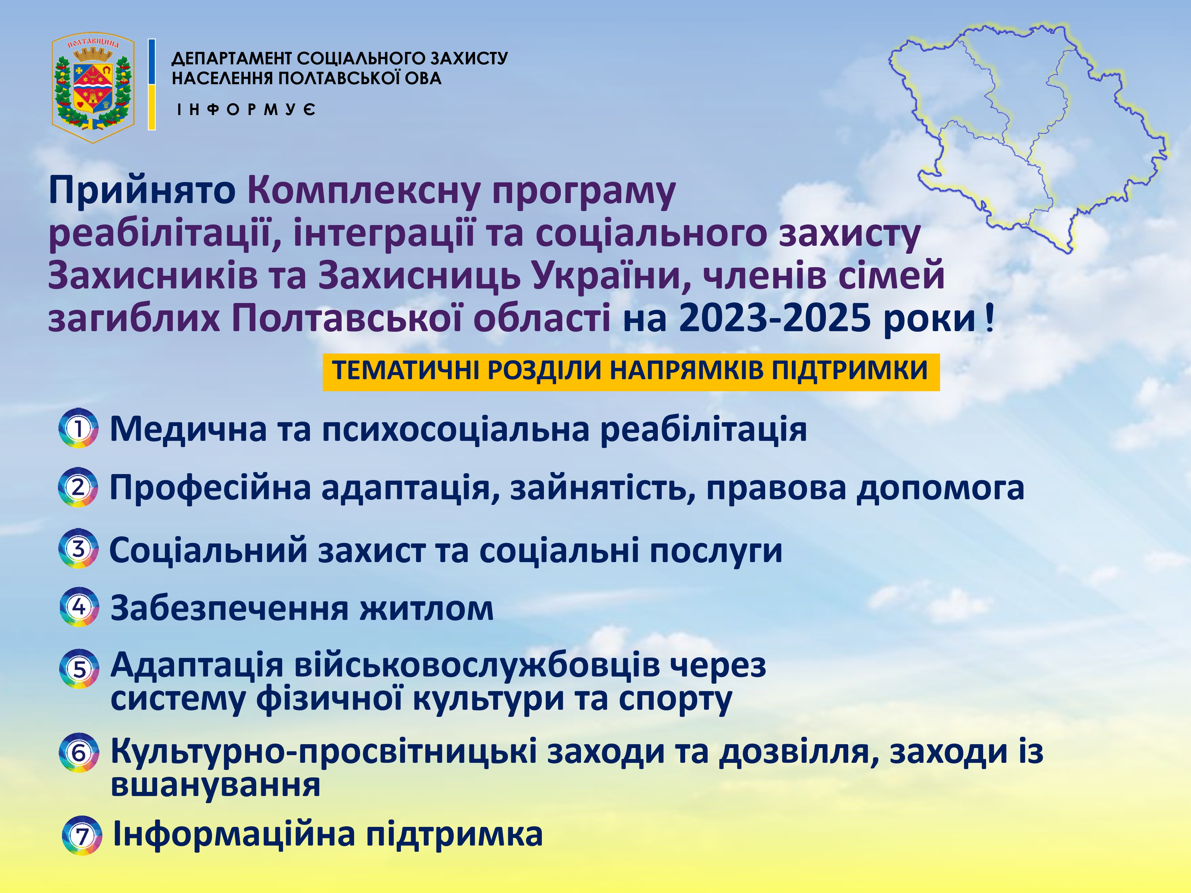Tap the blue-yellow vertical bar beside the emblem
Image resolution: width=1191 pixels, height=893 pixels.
tap(152, 84)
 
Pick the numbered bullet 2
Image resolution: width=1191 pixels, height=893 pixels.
tap(78, 487)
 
